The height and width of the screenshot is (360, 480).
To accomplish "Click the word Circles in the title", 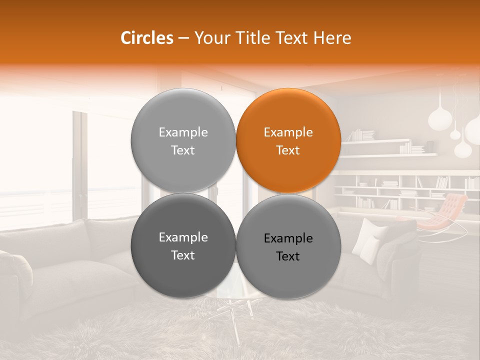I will pos(147,38).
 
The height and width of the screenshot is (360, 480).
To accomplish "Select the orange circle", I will pos(288,140).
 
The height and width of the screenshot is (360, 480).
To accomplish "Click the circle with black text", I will pos(288,246).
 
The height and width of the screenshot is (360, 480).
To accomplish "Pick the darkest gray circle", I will pos(183,245).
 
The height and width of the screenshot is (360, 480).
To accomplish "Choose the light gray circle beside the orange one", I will pos(183,140).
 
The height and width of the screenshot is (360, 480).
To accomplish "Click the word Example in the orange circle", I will pos(288,132).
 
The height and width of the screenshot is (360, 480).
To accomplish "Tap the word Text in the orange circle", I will pos(288,150).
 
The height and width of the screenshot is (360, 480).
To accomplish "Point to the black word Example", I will pos(288,238).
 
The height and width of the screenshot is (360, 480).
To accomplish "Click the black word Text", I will pos(288,256).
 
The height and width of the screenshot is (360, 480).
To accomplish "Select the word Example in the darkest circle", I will pos(183,237).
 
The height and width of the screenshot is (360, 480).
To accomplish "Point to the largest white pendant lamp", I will pos(441,118).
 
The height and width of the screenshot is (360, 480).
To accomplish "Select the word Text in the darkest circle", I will pos(183,255).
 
